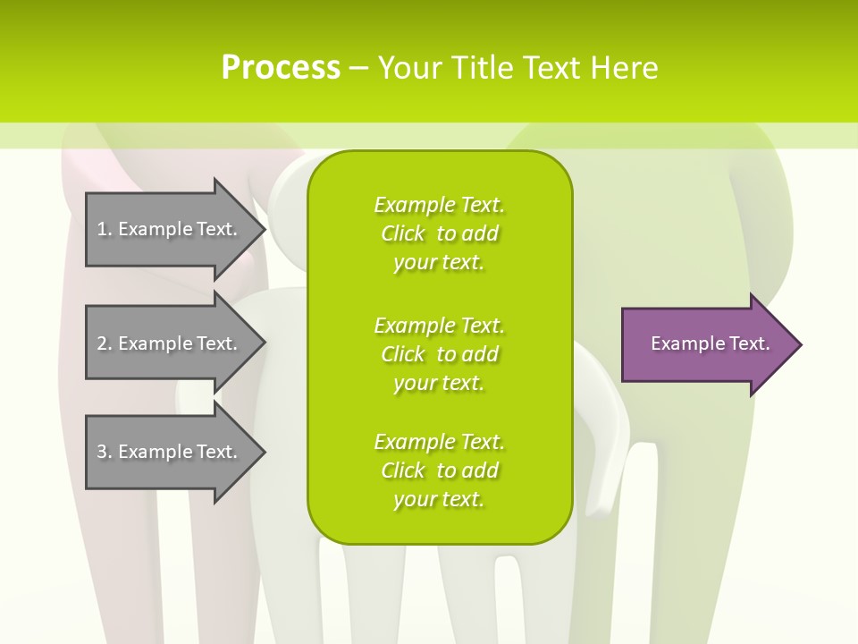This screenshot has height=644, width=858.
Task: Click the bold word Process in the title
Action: click(281, 68)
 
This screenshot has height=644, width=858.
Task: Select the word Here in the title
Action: click(624, 68)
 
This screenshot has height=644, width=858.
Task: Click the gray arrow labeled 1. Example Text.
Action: click(170, 229)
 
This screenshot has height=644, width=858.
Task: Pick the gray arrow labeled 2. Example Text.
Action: click(170, 343)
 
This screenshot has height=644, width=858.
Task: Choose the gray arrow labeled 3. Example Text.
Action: click(170, 452)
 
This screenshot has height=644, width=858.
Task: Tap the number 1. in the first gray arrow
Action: click(105, 229)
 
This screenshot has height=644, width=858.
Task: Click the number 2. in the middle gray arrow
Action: click(105, 343)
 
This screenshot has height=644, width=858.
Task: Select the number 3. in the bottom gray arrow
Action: click(105, 452)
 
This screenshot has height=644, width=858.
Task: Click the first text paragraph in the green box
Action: click(439, 233)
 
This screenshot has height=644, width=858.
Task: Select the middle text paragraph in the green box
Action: click(439, 354)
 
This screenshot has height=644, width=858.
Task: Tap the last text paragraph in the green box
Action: click(439, 470)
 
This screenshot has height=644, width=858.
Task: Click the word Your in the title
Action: click(407, 68)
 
